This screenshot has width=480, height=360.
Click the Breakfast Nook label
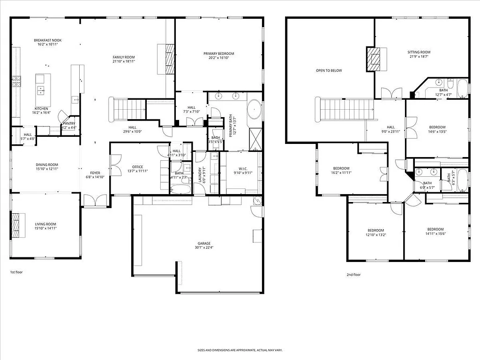pos(47,40)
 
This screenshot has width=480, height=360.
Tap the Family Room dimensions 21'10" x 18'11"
pos(124,61)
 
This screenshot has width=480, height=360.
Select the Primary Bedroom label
pos(218,53)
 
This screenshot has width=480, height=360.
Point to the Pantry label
pos(69,124)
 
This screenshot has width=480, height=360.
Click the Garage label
pos(204,243)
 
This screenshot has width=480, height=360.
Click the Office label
pos(137,167)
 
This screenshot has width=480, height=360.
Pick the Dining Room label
pos(47,165)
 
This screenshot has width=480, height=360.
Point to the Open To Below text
pos(329,71)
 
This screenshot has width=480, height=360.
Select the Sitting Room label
pos(419,52)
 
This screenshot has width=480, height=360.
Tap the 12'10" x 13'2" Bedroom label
pos(375,230)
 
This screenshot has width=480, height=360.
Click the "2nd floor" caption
pos(353,275)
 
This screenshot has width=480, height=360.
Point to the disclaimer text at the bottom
pos(240,350)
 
